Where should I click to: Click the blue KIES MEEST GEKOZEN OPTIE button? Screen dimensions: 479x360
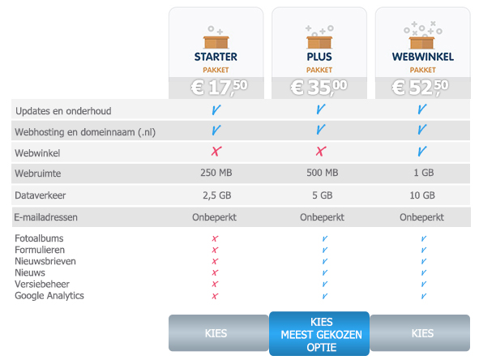319,334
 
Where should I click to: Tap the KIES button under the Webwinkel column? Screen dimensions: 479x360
420,333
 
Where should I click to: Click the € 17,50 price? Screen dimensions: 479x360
219,88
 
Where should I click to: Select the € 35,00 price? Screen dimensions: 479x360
319,88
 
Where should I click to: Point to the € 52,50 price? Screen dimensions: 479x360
420,88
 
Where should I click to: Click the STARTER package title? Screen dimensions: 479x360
216,57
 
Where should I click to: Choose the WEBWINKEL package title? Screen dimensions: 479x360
423,57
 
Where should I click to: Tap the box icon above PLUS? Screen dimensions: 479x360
319,42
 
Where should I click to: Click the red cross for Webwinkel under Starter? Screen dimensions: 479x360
216,152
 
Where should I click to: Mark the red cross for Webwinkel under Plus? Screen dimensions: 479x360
321,152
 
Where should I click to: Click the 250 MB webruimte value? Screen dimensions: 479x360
216,173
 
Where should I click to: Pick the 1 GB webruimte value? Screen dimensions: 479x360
424,173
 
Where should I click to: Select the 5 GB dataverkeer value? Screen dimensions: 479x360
323,195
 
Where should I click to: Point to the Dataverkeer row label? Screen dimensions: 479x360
41,195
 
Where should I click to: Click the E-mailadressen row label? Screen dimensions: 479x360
46,217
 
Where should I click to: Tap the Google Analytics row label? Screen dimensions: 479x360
49,296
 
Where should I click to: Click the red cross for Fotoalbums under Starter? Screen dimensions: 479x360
215,238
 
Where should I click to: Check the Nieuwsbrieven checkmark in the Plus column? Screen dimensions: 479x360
325,261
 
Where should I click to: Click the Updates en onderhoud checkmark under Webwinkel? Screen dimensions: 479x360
422,109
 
